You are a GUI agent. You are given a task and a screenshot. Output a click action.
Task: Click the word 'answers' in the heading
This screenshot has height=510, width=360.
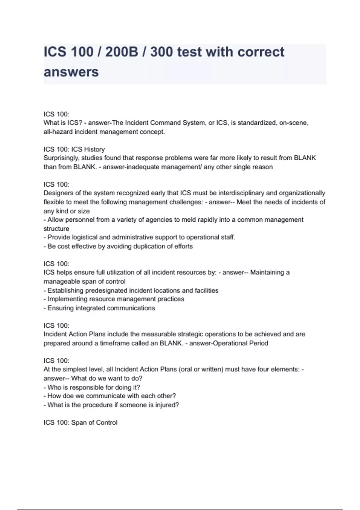[x=71, y=72]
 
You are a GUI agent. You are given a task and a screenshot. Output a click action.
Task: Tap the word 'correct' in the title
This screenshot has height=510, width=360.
[x=261, y=52]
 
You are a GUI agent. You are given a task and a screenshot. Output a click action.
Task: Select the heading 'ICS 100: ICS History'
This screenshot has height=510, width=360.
[x=74, y=149]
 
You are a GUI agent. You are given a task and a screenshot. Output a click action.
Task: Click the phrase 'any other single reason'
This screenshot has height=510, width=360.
[x=238, y=167]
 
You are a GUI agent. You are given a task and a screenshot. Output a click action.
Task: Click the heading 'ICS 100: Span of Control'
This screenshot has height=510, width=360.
[x=80, y=422]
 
